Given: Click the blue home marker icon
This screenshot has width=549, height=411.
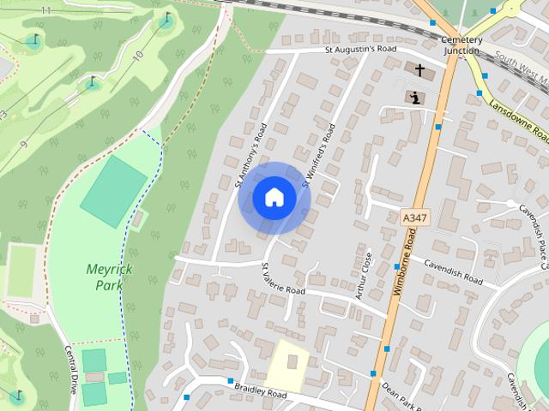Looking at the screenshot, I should [274, 197].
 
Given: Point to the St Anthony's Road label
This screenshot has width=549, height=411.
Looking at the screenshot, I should [251, 154].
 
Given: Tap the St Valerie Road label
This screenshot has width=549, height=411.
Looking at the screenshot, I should [283, 278].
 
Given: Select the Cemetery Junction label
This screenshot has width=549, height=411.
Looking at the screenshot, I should [461, 45].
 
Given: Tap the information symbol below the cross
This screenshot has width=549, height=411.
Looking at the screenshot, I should [415, 97].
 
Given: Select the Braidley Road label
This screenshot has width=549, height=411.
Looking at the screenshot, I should [261, 390].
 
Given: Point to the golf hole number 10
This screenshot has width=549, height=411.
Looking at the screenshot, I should [137, 56].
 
